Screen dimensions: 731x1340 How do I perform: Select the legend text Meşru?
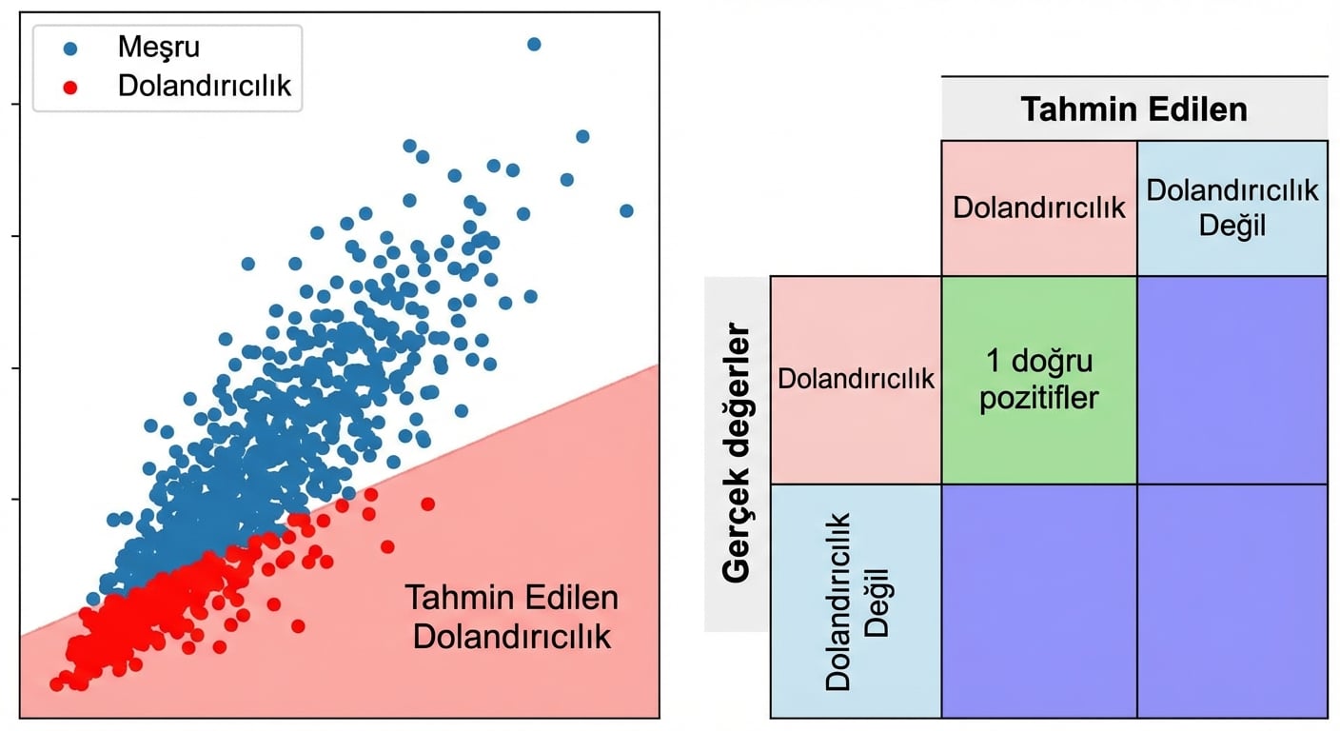pos(159,46)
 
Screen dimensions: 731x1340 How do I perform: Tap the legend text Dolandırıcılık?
pos(204,86)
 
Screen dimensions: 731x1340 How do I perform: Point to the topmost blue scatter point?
pos(534,44)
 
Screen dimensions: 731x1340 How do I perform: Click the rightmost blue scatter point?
pos(626,210)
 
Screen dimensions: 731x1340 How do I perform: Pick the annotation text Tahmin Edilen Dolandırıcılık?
pos(512,617)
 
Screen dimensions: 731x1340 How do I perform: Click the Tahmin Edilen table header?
pos(1133,109)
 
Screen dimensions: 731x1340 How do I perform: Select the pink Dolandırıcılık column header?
pos(1039,207)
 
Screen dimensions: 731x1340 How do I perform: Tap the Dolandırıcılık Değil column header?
pos(1232,207)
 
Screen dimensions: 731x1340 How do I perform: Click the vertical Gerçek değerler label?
pos(737,454)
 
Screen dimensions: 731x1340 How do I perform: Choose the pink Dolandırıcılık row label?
pos(856,379)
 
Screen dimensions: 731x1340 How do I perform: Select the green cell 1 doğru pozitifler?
pos(1039,379)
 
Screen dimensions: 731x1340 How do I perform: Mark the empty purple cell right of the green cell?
pos(1232,379)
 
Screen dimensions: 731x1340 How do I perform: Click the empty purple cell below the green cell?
pos(1039,601)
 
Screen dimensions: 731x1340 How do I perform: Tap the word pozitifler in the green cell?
pos(1039,396)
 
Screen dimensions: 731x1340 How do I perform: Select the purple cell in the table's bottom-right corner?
pos(1232,601)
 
